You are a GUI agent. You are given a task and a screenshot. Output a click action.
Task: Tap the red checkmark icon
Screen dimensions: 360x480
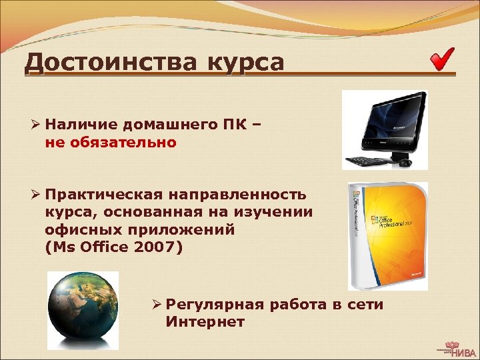[442, 59]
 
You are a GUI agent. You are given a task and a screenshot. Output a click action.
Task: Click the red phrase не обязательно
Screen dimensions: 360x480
[111, 141]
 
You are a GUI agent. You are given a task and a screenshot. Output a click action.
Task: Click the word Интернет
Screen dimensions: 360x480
[205, 322]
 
